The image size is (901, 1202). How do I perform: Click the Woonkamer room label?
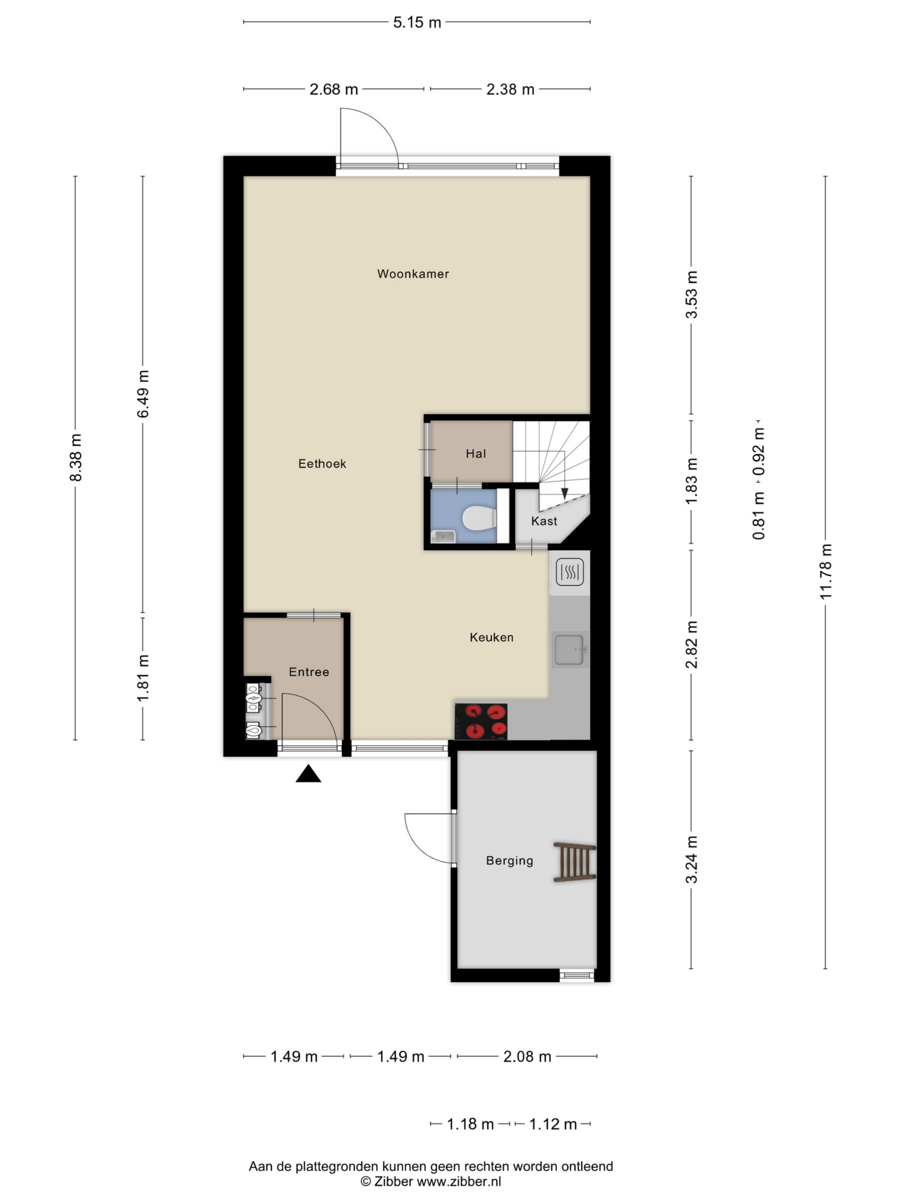(413, 274)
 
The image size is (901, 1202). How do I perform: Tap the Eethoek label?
(322, 463)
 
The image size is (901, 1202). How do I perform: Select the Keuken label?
(491, 638)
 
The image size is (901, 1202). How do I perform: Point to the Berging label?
(510, 861)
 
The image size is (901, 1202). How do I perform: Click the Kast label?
(544, 521)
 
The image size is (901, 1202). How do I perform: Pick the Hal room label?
(476, 454)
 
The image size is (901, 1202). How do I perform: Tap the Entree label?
(309, 672)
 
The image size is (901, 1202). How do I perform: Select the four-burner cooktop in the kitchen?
(481, 721)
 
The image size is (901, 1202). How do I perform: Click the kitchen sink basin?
(569, 650)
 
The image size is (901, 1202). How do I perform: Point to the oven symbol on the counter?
(569, 572)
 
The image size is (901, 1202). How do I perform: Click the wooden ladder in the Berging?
(574, 862)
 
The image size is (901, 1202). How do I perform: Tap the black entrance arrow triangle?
(308, 773)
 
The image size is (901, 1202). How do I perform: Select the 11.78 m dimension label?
(825, 572)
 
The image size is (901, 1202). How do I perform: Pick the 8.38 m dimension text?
(76, 457)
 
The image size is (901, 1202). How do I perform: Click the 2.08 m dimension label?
(527, 1056)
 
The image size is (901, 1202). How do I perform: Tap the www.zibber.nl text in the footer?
(458, 1181)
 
